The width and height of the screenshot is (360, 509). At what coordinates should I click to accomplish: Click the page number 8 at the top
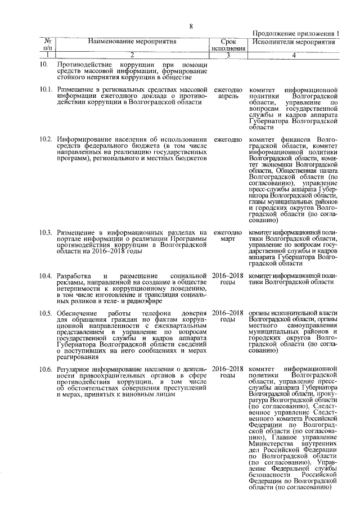[x=191, y=26]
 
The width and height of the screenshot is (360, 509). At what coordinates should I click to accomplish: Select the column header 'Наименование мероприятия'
[x=132, y=42]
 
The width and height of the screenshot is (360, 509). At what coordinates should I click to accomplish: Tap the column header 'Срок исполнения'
[x=228, y=45]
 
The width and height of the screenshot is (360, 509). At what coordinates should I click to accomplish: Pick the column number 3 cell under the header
[x=228, y=55]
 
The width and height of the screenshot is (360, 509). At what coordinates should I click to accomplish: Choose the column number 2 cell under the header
[x=132, y=55]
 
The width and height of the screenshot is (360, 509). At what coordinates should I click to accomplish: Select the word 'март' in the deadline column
[x=228, y=240]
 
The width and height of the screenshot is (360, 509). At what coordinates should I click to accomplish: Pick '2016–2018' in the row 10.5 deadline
[x=228, y=313]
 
